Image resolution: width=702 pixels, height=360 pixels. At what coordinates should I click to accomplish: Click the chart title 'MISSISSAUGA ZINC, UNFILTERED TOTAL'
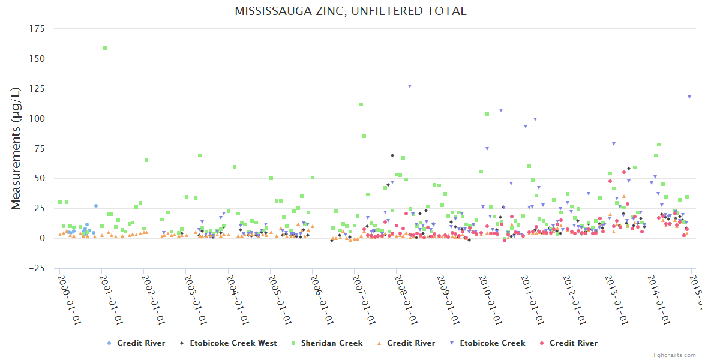(x=350, y=11)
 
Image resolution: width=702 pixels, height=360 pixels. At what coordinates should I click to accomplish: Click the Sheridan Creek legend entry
(x=332, y=343)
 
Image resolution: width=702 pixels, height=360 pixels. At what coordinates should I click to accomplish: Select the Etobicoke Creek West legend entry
(x=233, y=343)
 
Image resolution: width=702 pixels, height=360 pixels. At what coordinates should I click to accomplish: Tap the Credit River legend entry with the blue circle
(x=140, y=343)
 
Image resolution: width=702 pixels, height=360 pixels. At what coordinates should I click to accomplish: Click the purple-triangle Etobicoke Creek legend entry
(x=491, y=343)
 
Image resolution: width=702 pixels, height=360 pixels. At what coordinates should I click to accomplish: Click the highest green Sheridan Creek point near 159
(x=105, y=48)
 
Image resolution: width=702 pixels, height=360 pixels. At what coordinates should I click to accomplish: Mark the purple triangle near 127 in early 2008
(x=410, y=86)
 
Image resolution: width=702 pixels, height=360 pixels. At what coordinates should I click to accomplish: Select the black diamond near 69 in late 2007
(x=392, y=155)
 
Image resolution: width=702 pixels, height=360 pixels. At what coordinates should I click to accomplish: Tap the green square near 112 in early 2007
(x=361, y=104)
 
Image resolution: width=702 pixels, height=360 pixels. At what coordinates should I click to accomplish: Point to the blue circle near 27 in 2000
(x=95, y=206)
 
